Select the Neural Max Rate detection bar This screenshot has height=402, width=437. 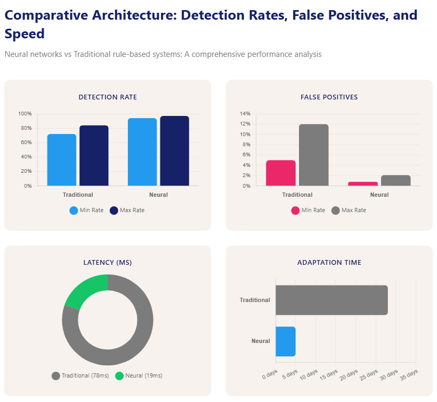(174, 151)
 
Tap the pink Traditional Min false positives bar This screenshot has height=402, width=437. (280, 173)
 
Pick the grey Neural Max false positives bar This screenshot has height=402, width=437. (395, 180)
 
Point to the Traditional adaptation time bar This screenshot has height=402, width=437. (331, 300)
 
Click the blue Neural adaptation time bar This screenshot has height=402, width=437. (285, 341)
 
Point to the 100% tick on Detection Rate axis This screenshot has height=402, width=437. (25, 114)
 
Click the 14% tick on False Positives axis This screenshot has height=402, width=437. (245, 114)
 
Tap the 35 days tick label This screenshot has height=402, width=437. (409, 374)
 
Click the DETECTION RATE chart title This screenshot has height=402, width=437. (108, 97)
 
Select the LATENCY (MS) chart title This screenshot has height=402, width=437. (108, 263)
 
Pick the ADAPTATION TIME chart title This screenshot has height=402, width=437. (329, 263)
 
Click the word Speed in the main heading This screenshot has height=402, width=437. (25, 35)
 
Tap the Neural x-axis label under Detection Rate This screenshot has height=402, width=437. (158, 195)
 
